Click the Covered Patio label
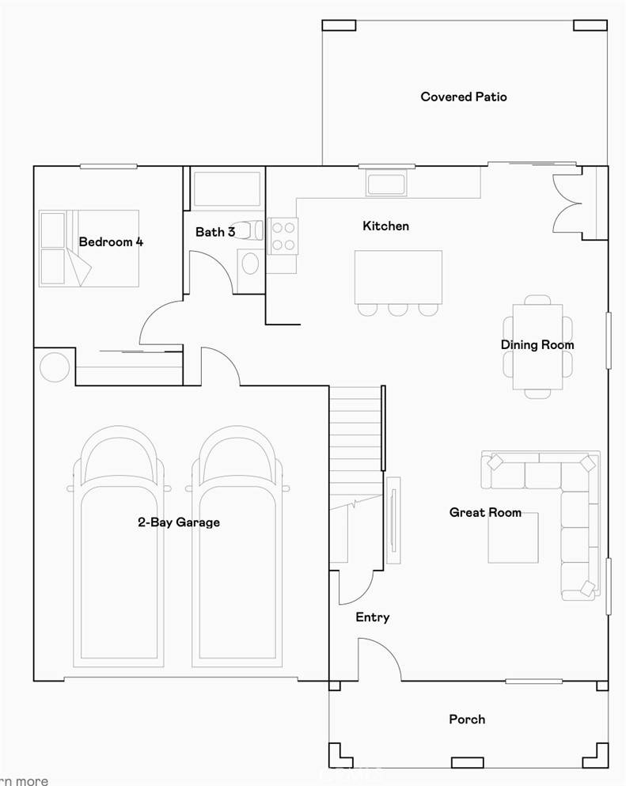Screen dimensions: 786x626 [464, 97]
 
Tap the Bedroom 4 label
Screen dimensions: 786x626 [111, 241]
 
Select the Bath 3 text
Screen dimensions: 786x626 [215, 232]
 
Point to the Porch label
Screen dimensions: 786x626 [467, 719]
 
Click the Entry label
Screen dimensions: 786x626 [372, 617]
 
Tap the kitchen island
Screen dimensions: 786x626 [398, 277]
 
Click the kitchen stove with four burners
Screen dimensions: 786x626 [283, 235]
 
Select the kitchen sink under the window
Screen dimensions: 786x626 [385, 184]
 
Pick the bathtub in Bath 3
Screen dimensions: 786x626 [227, 189]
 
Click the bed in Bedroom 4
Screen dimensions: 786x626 [89, 248]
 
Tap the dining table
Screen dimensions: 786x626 [537, 347]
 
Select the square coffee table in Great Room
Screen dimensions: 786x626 [513, 538]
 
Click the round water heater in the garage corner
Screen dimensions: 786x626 [55, 367]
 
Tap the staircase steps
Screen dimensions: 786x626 [355, 443]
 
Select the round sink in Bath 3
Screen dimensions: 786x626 [250, 264]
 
